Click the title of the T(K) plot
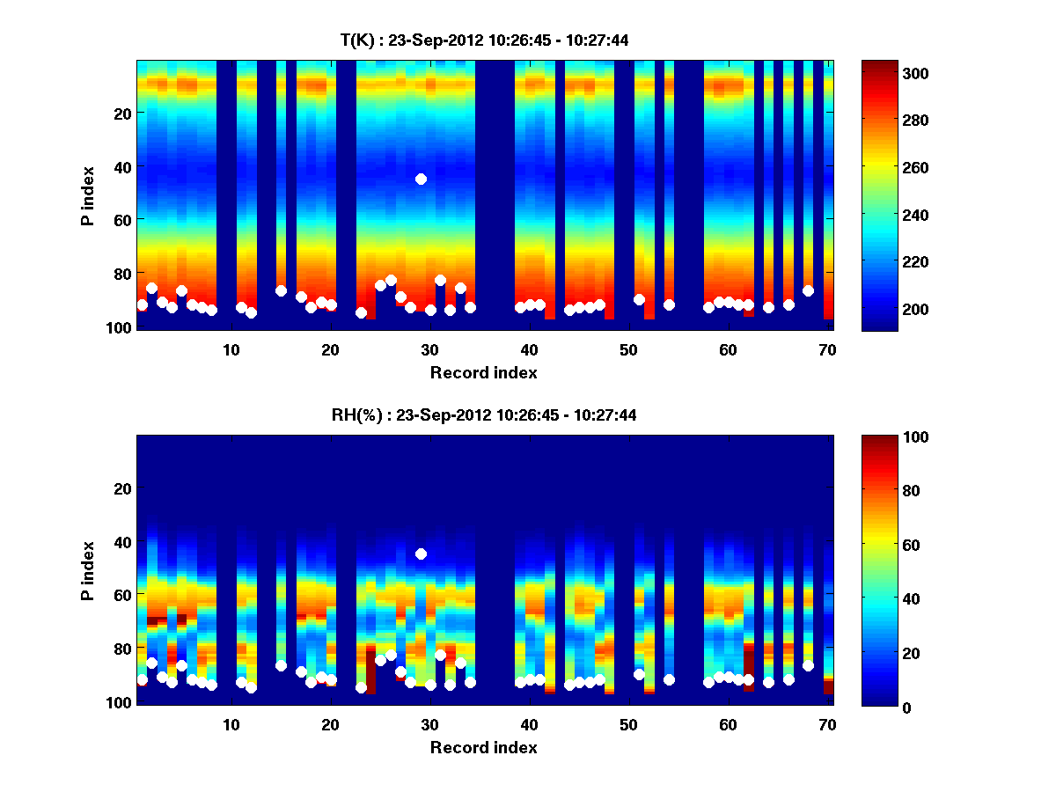pyautogui.click(x=484, y=40)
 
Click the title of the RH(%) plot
pyautogui.click(x=484, y=414)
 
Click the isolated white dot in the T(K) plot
pyautogui.click(x=421, y=179)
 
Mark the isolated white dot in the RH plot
pyautogui.click(x=421, y=554)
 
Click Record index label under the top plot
pyautogui.click(x=484, y=372)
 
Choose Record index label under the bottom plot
pyautogui.click(x=484, y=747)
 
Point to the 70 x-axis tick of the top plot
pyautogui.click(x=827, y=349)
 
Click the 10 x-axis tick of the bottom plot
pyautogui.click(x=231, y=724)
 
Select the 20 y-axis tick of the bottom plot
pyautogui.click(x=122, y=488)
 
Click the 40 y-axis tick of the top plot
pyautogui.click(x=122, y=166)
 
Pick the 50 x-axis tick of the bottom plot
pyautogui.click(x=628, y=724)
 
